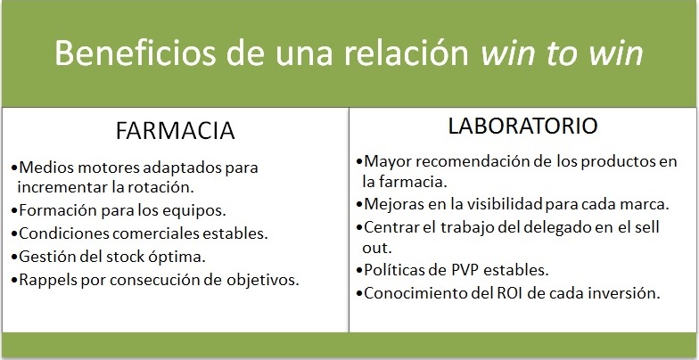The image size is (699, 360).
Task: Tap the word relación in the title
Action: (x=407, y=53)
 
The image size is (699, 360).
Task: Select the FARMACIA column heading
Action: (x=175, y=131)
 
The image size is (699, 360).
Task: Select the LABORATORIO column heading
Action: (x=522, y=127)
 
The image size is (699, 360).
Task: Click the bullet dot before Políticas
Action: (x=359, y=271)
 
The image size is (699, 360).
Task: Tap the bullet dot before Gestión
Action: (x=14, y=257)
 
